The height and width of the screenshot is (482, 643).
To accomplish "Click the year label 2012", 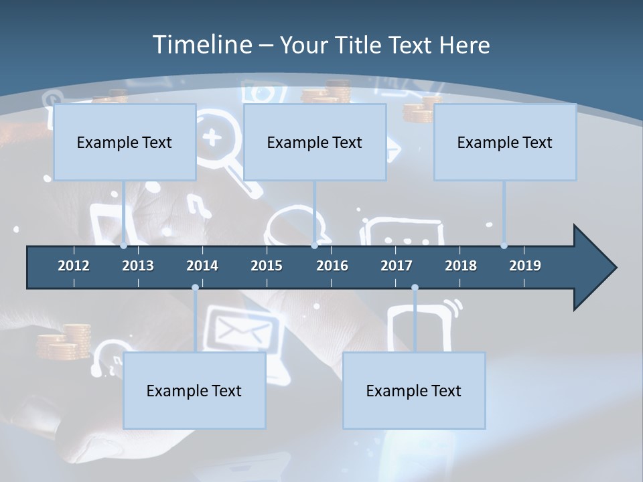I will [74, 266].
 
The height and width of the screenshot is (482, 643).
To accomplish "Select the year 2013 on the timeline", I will [138, 266].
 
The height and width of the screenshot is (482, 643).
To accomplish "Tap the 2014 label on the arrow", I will [202, 266].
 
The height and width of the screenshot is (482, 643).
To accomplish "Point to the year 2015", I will [267, 266].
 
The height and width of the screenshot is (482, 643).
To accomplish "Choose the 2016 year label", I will [332, 266].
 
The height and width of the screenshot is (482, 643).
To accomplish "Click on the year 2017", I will [397, 266].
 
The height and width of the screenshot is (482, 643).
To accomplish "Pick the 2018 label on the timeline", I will [461, 266].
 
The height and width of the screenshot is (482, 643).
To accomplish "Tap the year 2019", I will [525, 266].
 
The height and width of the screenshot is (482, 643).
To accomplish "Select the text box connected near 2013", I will [125, 142].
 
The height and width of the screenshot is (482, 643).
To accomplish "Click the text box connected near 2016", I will [315, 142].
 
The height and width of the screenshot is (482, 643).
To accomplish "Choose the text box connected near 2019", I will [505, 142].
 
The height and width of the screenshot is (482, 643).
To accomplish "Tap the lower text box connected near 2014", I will [194, 390].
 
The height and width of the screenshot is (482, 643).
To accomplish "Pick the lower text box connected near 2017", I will [414, 390].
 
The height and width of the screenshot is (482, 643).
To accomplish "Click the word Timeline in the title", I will [202, 45].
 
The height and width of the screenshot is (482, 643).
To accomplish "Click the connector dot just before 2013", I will [124, 246].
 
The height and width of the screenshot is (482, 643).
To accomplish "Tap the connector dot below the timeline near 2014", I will [195, 288].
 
